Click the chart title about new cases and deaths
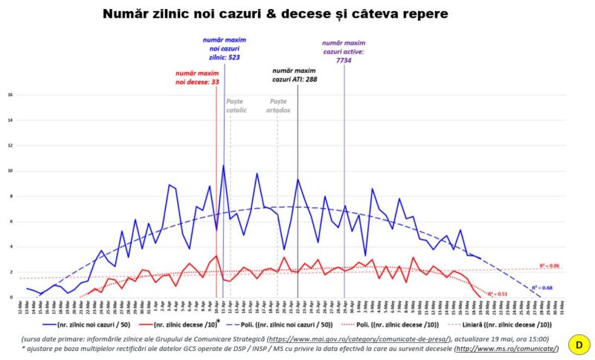coord(275,14)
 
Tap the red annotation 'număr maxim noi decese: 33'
coord(197,78)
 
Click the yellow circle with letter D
coord(577,344)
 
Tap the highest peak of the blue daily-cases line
coord(223,165)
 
